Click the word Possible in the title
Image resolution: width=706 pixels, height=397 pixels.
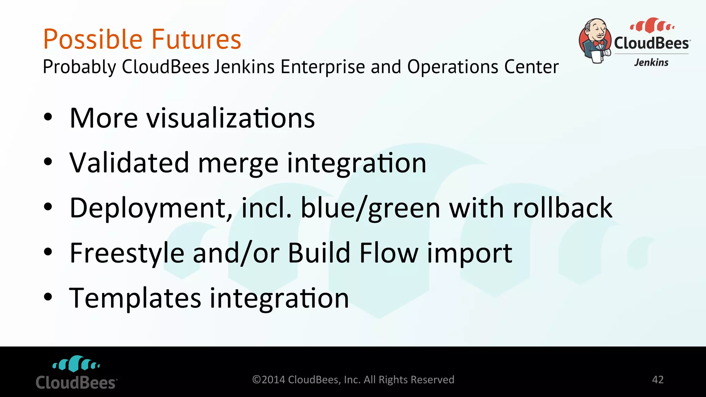pyautogui.click(x=92, y=40)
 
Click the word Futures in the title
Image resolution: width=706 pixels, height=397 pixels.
pyautogui.click(x=196, y=40)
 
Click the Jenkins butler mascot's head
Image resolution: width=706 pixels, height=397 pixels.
pyautogui.click(x=596, y=29)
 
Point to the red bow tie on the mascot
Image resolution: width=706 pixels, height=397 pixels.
pyautogui.click(x=599, y=44)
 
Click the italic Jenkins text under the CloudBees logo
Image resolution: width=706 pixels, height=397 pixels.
pyautogui.click(x=651, y=62)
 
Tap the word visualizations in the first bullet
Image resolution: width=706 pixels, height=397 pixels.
pyautogui.click(x=231, y=118)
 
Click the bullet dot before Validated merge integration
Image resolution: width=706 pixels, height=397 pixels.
pyautogui.click(x=48, y=162)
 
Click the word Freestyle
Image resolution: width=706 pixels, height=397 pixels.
pyautogui.click(x=127, y=253)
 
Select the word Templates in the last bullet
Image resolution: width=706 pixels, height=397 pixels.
pyautogui.click(x=135, y=298)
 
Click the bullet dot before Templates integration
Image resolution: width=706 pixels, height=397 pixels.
pyautogui.click(x=48, y=297)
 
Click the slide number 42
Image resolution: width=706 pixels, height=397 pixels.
pyautogui.click(x=658, y=380)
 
